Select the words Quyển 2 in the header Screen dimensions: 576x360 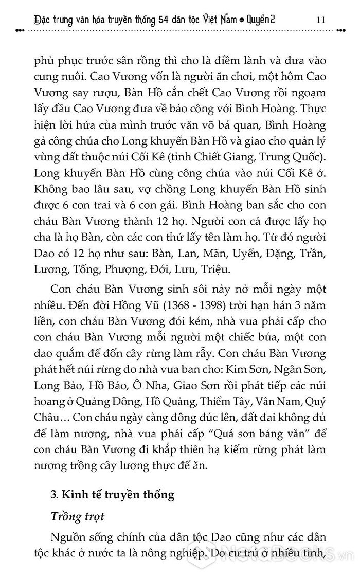click(277, 20)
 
